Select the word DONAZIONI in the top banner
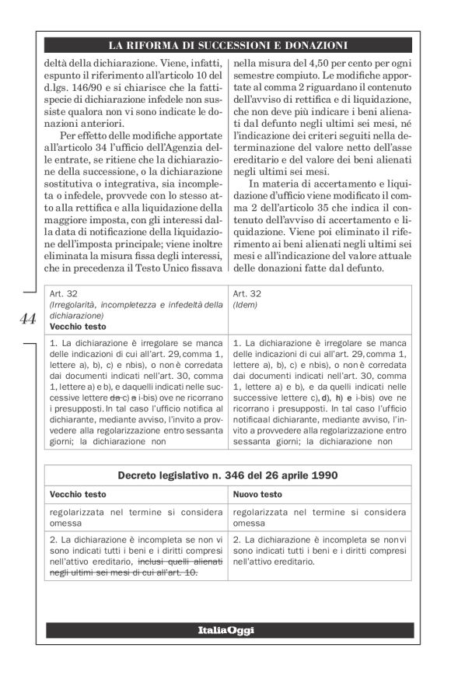310,44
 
